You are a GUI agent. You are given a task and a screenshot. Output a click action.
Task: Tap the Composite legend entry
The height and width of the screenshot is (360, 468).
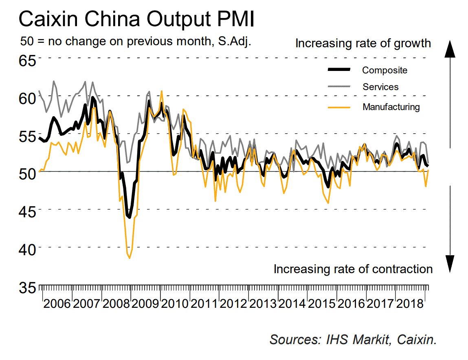coord(385,70)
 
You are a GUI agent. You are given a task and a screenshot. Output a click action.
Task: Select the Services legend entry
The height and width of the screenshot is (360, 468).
coord(380,87)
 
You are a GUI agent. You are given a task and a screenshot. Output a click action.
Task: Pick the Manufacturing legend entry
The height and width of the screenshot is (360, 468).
coord(391,107)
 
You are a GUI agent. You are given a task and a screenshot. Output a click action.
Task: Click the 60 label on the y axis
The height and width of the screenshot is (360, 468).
coord(27,98)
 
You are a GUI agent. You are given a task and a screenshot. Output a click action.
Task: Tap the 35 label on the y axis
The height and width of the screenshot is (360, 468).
coord(27,287)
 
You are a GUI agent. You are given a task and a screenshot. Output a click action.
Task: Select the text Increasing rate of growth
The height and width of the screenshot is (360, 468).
coord(363,43)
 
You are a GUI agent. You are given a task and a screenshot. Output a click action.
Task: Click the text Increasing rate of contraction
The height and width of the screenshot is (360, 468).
coord(353,269)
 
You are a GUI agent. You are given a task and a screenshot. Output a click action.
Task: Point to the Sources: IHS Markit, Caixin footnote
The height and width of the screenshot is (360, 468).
coord(353,340)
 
